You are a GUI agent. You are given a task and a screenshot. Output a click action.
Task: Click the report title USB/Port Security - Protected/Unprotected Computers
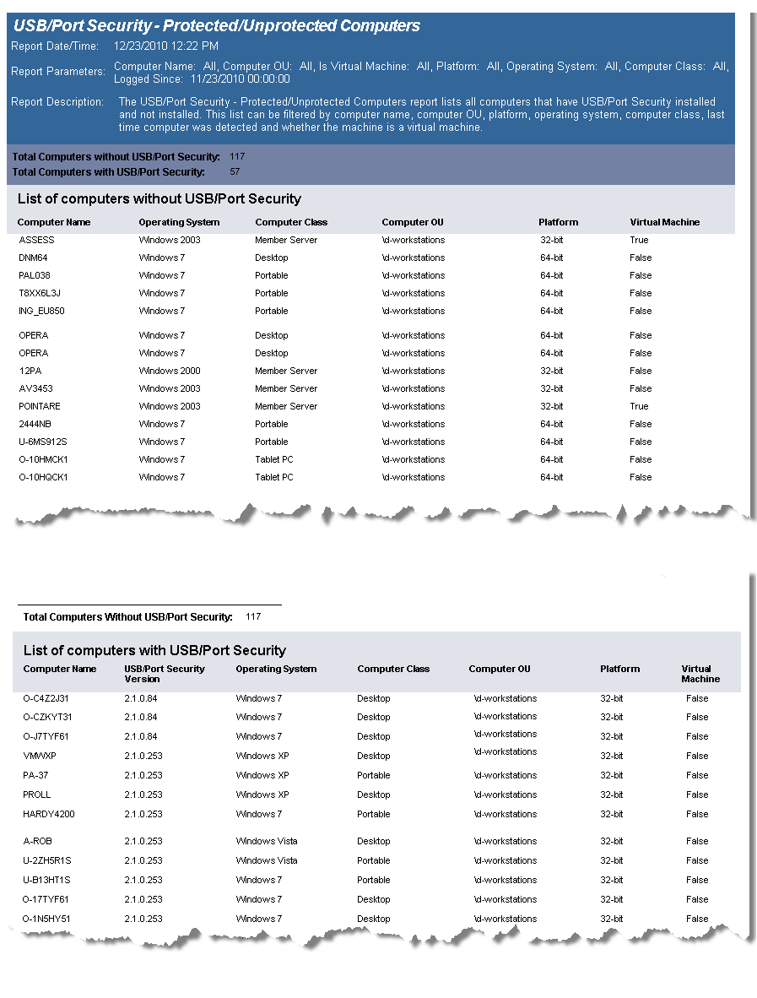[x=217, y=25]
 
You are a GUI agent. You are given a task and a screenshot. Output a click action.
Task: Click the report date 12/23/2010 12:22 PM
[x=165, y=46]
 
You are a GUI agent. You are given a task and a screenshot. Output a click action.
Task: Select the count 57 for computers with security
[x=235, y=172]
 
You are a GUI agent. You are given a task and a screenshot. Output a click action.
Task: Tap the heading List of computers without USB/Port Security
[x=160, y=199]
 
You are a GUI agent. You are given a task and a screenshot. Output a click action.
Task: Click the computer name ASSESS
[x=36, y=240]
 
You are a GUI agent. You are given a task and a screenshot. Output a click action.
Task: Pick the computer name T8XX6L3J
[x=40, y=293]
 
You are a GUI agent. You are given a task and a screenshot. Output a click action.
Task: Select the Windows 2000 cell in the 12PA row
[x=170, y=371]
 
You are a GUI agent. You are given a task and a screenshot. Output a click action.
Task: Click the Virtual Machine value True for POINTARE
[x=639, y=406]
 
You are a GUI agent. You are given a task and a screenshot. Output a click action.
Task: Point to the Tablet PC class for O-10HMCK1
[x=274, y=459]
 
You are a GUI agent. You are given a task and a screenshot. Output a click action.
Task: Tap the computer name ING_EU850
[x=41, y=311]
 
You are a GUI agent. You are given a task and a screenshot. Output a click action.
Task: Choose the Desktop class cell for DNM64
[x=271, y=258]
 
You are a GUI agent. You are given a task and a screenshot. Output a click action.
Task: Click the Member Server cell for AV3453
[x=286, y=388]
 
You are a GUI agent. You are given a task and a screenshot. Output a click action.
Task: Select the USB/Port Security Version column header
[x=165, y=673]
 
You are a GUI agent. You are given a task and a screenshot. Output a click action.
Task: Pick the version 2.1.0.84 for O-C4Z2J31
[x=141, y=698]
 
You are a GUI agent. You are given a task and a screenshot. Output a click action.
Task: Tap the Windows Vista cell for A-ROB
[x=267, y=841]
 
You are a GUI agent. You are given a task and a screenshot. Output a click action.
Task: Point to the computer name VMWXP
[x=40, y=756]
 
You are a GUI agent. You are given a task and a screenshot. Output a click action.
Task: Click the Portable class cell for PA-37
[x=373, y=775]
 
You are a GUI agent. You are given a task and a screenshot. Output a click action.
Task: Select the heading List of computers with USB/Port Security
[x=154, y=650]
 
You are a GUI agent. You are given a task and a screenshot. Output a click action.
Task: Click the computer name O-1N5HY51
[x=47, y=919]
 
